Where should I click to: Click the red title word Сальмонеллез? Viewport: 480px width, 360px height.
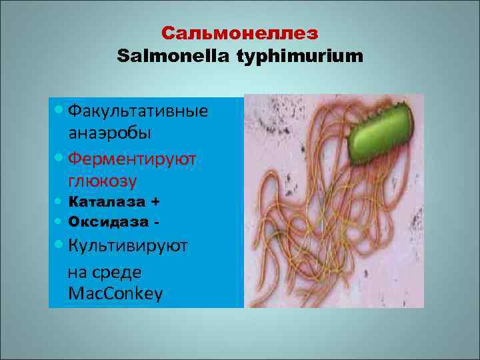240,33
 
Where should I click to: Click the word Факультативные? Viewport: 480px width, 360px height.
138,110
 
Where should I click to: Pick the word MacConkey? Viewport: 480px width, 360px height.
115,293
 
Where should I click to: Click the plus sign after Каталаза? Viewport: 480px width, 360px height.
155,201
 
